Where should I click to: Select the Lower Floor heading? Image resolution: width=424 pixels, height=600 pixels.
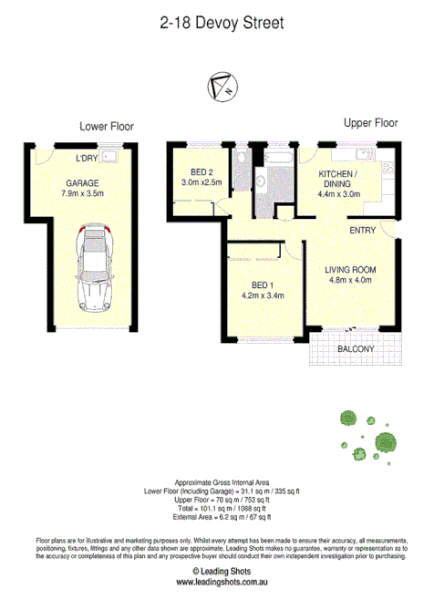click(107, 127)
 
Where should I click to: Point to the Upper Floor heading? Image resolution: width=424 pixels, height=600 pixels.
click(370, 122)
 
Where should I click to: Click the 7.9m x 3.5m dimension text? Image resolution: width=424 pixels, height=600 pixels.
click(83, 193)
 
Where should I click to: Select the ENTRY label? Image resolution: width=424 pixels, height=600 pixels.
click(363, 231)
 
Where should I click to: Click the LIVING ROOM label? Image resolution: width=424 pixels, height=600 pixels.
click(351, 269)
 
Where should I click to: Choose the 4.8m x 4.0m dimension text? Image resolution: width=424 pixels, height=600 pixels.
click(351, 280)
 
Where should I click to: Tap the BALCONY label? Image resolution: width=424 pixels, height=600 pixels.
click(356, 349)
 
